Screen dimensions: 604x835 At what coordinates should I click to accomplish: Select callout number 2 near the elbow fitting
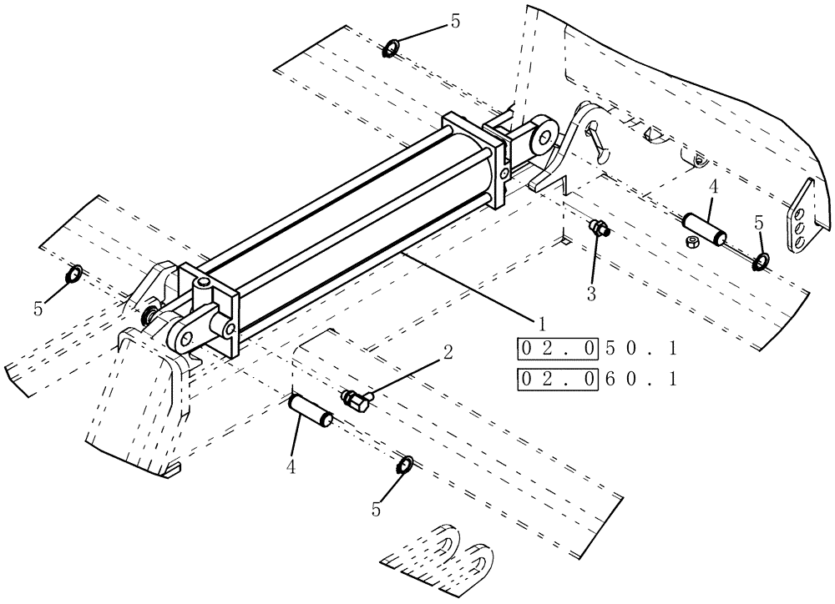[x=448, y=353]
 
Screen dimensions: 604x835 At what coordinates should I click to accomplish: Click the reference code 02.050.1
[x=595, y=347]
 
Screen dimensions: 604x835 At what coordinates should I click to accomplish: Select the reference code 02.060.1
[x=595, y=380]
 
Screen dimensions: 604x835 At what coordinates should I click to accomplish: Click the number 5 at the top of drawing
[x=455, y=22]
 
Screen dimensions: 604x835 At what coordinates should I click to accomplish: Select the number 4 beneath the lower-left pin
[x=291, y=468]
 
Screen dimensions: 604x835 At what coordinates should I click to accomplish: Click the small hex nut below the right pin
[x=691, y=242]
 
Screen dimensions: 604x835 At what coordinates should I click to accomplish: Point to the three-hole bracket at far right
[x=800, y=218]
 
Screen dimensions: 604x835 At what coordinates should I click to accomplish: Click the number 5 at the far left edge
[x=38, y=308]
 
